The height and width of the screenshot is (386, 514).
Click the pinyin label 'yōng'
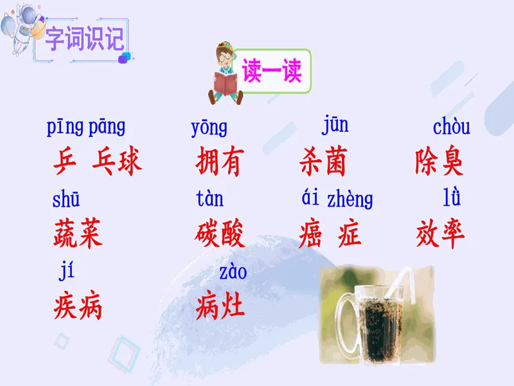(x=209, y=127)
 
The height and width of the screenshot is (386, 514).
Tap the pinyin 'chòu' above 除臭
(x=452, y=126)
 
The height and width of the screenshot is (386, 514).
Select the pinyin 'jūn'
(x=335, y=125)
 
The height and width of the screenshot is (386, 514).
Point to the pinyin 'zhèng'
(x=350, y=199)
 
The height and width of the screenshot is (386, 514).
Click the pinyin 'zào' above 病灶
(x=233, y=272)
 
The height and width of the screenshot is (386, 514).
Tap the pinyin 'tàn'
(x=210, y=198)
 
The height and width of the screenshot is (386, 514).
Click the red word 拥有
(x=220, y=161)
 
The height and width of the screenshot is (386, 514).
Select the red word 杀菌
(x=323, y=161)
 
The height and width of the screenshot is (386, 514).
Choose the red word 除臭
(x=439, y=160)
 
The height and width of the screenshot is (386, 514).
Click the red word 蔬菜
(x=78, y=233)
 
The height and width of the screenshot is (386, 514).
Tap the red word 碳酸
(x=220, y=233)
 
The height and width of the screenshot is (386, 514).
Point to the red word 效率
(x=440, y=234)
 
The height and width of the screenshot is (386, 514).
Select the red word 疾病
(x=78, y=305)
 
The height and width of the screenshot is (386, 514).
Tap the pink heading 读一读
(x=272, y=70)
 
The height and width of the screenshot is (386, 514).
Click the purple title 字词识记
(x=85, y=39)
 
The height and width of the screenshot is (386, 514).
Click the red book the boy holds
(x=226, y=84)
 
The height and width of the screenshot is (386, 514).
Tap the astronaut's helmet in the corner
(x=28, y=15)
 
